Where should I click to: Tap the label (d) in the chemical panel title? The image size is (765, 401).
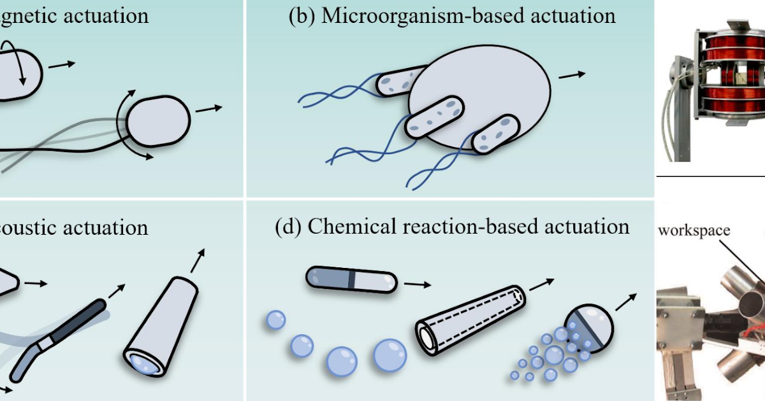tap(288, 227)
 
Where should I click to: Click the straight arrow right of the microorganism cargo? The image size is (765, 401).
tap(572, 74)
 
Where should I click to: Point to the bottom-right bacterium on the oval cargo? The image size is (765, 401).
tap(495, 134)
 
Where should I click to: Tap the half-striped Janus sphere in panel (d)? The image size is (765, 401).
tap(590, 329)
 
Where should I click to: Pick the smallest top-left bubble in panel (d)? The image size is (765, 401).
tap(275, 320)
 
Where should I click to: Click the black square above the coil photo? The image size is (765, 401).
tap(666, 11)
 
